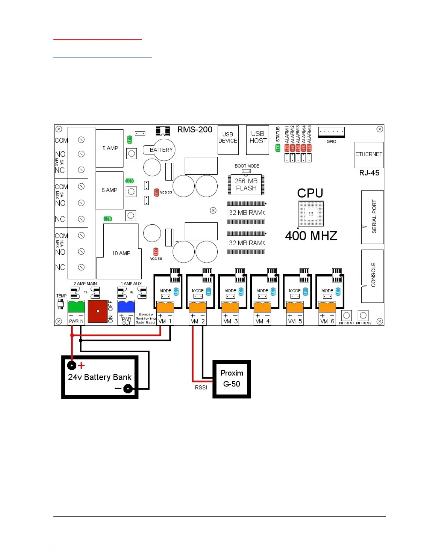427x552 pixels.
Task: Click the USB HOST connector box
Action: click(257, 140)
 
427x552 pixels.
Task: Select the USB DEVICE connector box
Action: click(228, 140)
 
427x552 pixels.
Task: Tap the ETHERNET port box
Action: click(369, 155)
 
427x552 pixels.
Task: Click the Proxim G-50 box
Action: click(232, 379)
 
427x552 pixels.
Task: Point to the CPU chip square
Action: click(311, 214)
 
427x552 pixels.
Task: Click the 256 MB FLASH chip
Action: click(246, 184)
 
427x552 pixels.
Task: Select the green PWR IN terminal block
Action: click(76, 307)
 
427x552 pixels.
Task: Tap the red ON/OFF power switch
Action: click(98, 311)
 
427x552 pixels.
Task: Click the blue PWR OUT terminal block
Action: click(126, 306)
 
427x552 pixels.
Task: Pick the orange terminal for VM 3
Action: click(230, 307)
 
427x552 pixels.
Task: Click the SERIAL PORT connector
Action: click(372, 217)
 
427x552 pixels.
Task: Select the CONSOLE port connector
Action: click(372, 276)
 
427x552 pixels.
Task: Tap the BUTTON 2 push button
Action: click(363, 315)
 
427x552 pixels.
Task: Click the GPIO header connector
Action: click(331, 132)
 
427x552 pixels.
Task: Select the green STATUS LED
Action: click(278, 148)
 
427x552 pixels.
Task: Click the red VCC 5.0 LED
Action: click(156, 252)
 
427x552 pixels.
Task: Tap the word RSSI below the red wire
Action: click(201, 388)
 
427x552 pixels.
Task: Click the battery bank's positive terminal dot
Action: click(72, 365)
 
